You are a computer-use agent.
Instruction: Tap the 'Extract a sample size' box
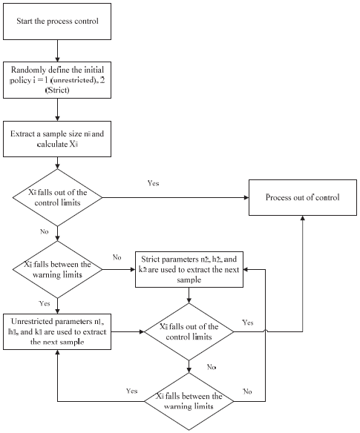point(58,140)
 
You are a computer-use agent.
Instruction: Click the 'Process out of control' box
point(303,198)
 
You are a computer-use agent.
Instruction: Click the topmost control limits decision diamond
point(57,198)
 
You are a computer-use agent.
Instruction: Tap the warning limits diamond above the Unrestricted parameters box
point(57,269)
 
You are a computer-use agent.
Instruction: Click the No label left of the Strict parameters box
point(117,258)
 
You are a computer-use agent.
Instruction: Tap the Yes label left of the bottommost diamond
point(133,390)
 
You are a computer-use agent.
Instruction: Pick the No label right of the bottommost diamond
point(248,390)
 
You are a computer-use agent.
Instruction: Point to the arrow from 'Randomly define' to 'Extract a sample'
point(57,111)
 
